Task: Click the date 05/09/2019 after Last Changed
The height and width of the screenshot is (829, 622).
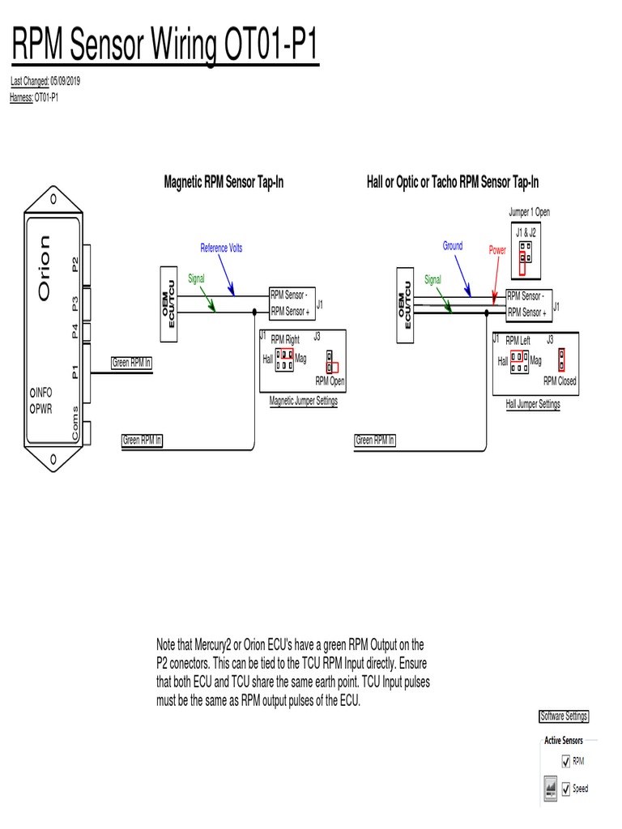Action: click(65, 82)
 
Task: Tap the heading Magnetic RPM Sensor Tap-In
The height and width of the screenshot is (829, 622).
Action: click(224, 183)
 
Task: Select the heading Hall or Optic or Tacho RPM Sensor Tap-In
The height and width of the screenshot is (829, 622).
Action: click(452, 183)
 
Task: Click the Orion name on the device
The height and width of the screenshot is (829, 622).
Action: click(44, 267)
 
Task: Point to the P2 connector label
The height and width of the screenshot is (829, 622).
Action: click(75, 264)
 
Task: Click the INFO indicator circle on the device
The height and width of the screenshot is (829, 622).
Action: click(33, 393)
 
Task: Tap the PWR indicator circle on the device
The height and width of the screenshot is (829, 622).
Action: click(33, 409)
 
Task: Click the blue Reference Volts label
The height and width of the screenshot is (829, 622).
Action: click(221, 248)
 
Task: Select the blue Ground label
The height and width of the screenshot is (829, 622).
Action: click(453, 246)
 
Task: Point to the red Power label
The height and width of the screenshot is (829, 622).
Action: click(497, 251)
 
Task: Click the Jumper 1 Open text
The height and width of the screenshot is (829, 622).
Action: click(529, 212)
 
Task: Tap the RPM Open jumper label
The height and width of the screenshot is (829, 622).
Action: click(330, 380)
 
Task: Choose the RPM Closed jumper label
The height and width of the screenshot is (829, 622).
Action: click(560, 380)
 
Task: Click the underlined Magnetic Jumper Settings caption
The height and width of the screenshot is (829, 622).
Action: click(303, 401)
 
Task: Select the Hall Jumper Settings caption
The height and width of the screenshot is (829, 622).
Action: click(532, 404)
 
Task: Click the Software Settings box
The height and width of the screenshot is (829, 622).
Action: click(564, 716)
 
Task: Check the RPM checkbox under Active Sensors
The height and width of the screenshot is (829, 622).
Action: click(565, 761)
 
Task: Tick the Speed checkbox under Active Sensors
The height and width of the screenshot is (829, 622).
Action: click(565, 789)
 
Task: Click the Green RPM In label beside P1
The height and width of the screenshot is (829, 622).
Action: click(131, 363)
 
